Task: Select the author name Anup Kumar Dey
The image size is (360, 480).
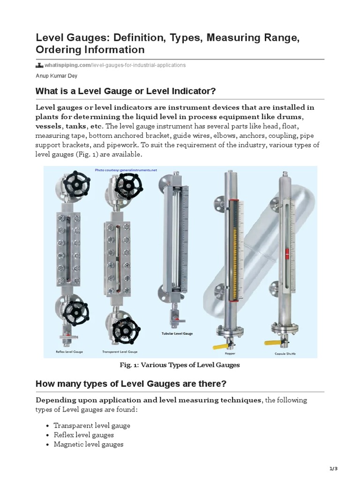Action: (x=57, y=76)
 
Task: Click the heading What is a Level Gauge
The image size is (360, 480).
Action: (x=126, y=90)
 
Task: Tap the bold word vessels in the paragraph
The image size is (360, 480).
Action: (x=48, y=126)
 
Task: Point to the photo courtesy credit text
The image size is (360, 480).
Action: (x=126, y=171)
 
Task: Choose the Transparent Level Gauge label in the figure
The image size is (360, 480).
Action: (x=120, y=352)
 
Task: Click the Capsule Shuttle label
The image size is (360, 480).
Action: (x=285, y=354)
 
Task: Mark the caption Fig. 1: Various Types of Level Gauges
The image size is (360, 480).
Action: (x=180, y=365)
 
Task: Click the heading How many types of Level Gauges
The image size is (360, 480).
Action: (x=131, y=384)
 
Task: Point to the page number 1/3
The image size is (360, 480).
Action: (x=333, y=469)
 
